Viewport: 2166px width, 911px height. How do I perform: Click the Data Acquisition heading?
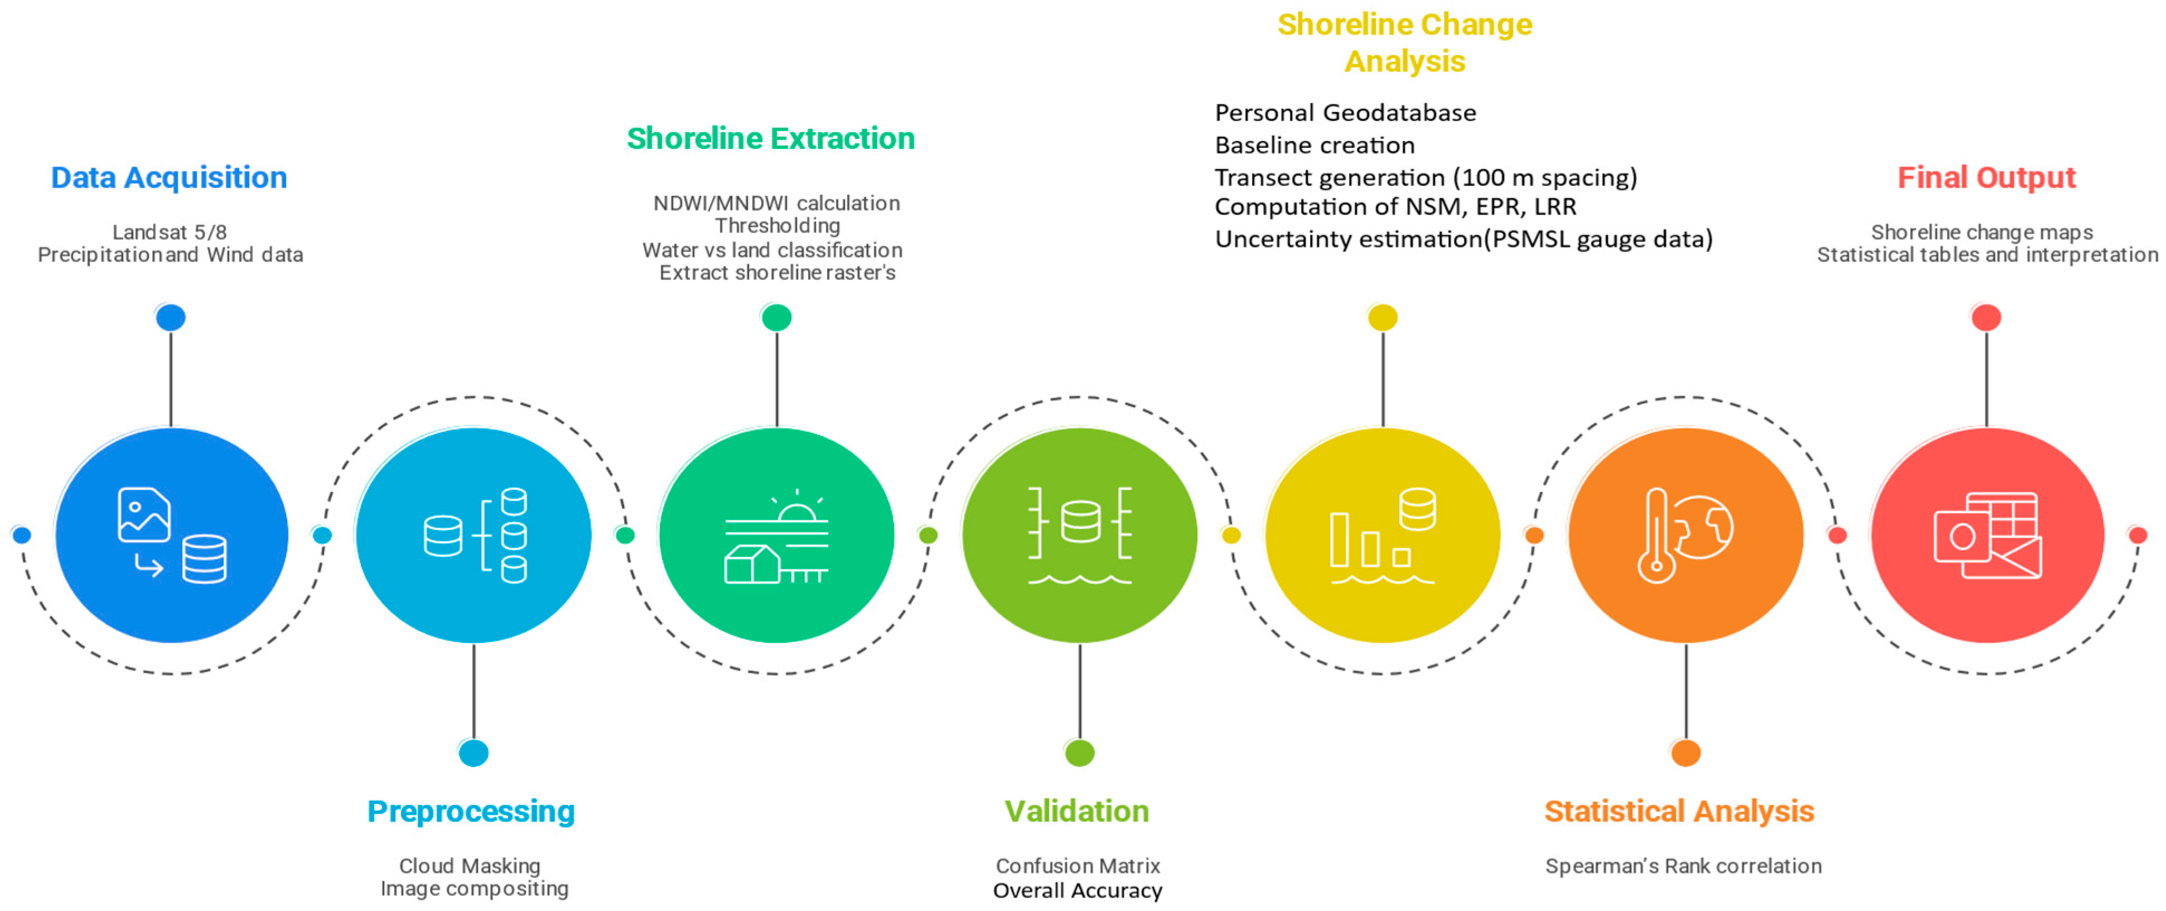pos(169,177)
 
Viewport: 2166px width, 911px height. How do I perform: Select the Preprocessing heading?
pos(471,811)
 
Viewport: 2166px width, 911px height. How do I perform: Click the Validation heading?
pos(1076,811)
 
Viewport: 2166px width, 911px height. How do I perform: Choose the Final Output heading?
pos(1986,177)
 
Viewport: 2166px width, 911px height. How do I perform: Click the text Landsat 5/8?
pos(170,232)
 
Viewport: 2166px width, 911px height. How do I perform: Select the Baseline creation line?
pos(1314,146)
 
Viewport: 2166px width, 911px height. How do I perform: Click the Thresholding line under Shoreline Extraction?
pos(777,225)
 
